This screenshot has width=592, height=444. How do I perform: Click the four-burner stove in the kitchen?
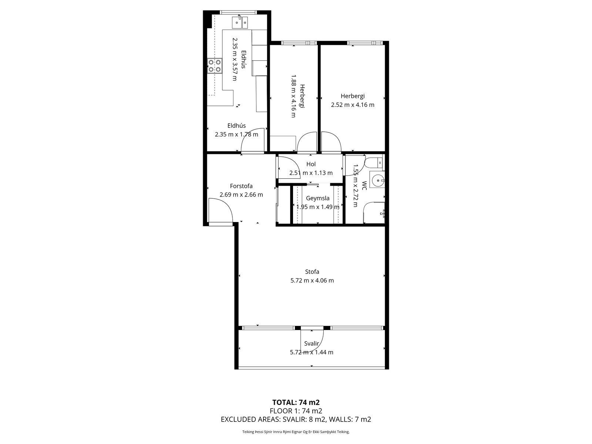(215, 66)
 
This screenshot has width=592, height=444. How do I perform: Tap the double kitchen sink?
(51, 22)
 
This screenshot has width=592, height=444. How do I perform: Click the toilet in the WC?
(374, 162)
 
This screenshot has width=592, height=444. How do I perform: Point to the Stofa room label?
(312, 272)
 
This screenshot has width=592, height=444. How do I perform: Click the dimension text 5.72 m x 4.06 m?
(312, 280)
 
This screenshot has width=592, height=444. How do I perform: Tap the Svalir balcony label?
(312, 343)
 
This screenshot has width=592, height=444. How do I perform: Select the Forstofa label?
(241, 186)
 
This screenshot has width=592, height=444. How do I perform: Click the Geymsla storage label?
(317, 198)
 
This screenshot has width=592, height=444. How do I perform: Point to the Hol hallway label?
(311, 164)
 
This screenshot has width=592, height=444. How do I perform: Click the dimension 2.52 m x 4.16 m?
(353, 105)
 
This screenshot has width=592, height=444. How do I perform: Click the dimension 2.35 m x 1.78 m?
(236, 134)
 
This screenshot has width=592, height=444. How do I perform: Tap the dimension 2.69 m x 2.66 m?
(241, 195)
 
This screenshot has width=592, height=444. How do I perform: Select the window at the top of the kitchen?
(237, 12)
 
